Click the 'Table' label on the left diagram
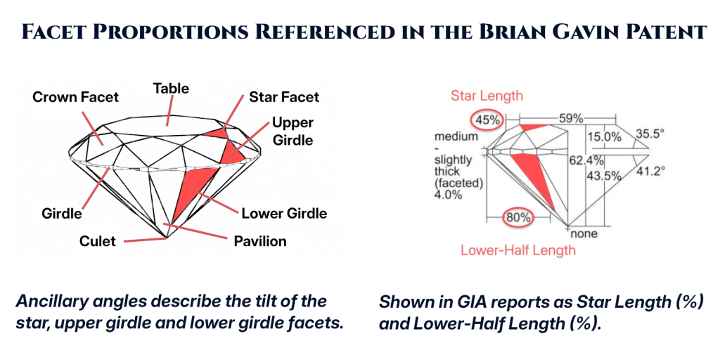click(172, 88)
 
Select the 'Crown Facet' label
click(76, 97)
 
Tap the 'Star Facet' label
click(284, 97)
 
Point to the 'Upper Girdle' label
click(292, 131)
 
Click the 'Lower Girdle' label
click(284, 213)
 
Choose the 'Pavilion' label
click(260, 241)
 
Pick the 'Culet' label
click(98, 241)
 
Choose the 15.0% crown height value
click(604, 136)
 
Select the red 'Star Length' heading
click(487, 96)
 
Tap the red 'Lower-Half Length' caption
click(518, 250)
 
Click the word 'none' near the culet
click(584, 233)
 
